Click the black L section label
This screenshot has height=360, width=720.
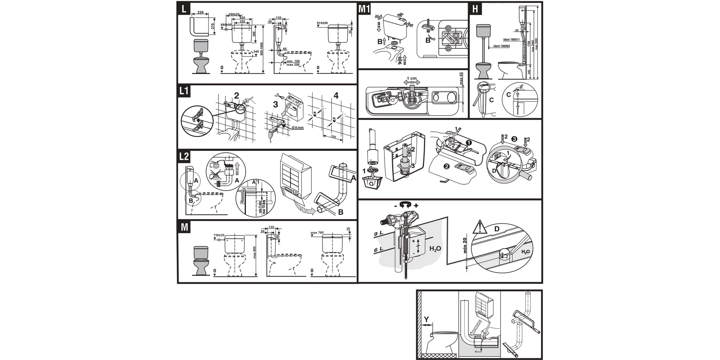click(184, 9)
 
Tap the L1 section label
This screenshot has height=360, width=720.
click(184, 91)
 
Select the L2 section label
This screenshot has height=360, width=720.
click(184, 157)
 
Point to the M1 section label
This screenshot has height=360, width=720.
click(364, 9)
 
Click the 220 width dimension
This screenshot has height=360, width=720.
click(201, 13)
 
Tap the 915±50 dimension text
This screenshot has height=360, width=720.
click(322, 23)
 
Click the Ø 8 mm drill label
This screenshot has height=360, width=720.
click(297, 127)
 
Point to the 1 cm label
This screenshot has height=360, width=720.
click(411, 78)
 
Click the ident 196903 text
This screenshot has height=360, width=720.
click(501, 46)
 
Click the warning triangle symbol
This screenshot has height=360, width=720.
click(480, 227)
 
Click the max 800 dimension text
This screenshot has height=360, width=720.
click(254, 252)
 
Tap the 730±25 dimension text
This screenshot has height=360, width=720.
click(219, 235)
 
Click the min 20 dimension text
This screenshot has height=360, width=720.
click(465, 246)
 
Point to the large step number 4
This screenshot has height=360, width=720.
click(336, 95)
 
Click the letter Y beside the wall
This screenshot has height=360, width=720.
click(426, 319)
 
